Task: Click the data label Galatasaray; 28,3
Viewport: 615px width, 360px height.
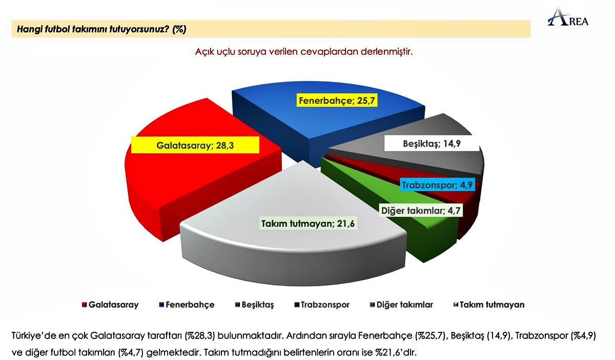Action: click(195, 145)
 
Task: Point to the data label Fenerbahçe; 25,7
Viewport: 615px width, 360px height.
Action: click(338, 100)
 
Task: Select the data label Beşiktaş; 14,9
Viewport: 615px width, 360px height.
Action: click(432, 144)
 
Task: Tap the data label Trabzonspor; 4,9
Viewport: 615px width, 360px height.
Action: click(437, 185)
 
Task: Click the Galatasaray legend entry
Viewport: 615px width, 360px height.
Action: click(110, 305)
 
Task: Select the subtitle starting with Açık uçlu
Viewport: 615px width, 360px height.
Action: click(303, 52)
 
